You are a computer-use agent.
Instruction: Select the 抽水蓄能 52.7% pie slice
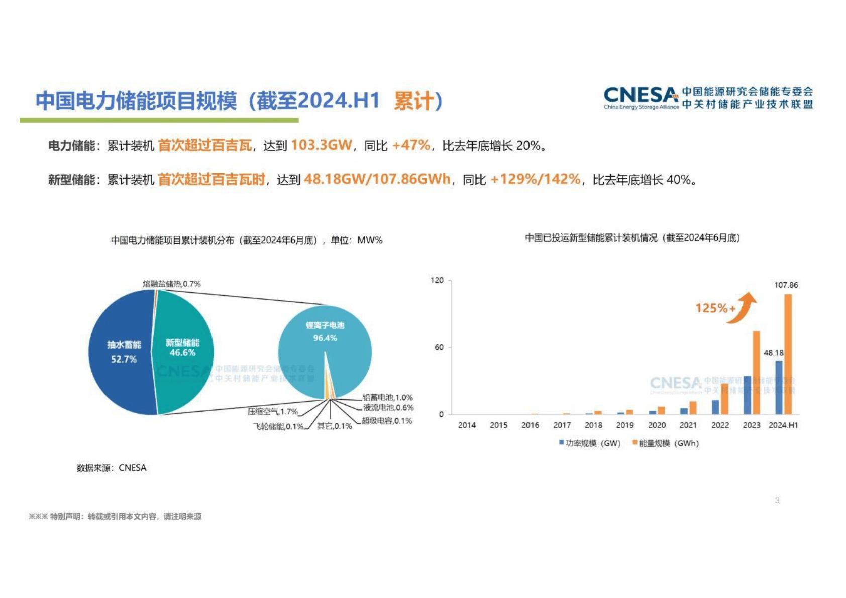(121, 351)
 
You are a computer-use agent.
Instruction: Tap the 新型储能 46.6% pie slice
(183, 347)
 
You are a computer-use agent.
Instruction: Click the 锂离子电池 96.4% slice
(325, 332)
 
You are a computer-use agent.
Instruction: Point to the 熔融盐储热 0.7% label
(172, 284)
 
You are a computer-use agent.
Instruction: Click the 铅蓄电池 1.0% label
(387, 397)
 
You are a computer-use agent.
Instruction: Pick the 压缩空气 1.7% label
(273, 412)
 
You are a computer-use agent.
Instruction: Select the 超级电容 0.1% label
(387, 421)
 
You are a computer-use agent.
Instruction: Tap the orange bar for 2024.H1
(788, 354)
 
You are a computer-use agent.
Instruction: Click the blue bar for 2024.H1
(779, 387)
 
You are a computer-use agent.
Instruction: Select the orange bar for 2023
(756, 372)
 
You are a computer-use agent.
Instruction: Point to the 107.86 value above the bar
(786, 285)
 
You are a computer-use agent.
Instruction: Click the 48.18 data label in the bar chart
(773, 353)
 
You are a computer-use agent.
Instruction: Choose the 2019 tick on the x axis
(625, 425)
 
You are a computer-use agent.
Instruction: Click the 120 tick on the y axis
(437, 280)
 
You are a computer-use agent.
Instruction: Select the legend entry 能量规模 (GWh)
(666, 443)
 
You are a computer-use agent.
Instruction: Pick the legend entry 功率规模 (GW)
(590, 443)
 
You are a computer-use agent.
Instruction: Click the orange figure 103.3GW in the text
(322, 145)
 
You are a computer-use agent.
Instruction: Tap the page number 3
(777, 500)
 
